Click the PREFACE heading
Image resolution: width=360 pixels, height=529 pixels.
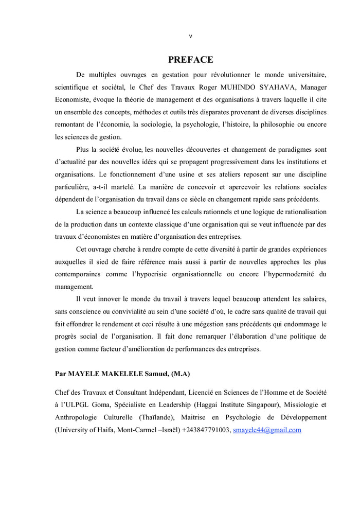(190, 60)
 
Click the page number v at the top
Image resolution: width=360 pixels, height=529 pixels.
(190, 36)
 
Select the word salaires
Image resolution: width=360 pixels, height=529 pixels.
(311, 299)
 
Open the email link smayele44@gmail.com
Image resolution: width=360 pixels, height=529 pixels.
(267, 430)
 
